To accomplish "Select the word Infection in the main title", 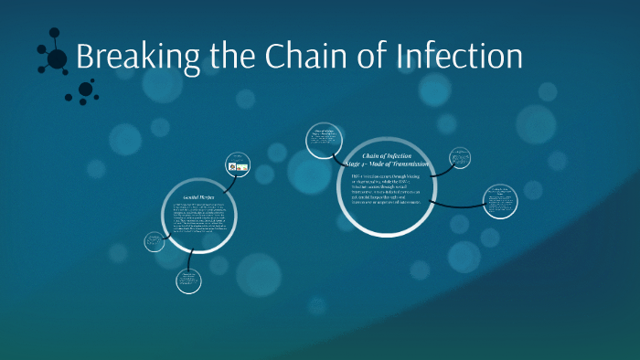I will [460, 57].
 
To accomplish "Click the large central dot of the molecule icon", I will [57, 59].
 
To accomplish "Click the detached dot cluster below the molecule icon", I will [86, 90].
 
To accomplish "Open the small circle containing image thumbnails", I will [238, 165].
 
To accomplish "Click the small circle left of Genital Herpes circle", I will [155, 241].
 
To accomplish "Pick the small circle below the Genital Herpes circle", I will [188, 280].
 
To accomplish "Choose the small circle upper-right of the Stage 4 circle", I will [461, 158].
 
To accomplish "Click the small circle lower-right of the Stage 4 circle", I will [499, 201].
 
